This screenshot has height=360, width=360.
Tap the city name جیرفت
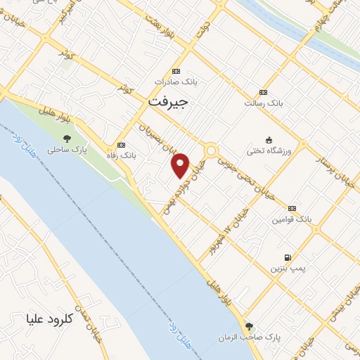pyautogui.click(x=168, y=102)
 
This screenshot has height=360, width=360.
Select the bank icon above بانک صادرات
pyautogui.click(x=176, y=71)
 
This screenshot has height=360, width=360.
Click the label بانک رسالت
pyautogui.click(x=263, y=103)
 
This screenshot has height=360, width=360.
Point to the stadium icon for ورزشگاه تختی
pyautogui.click(x=268, y=140)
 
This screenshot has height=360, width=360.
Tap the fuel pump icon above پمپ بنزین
pyautogui.click(x=287, y=257)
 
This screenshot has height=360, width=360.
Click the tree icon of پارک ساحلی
pyautogui.click(x=67, y=139)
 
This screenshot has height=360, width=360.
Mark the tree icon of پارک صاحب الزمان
pyautogui.click(x=248, y=326)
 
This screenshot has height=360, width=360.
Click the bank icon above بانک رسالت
pyautogui.click(x=263, y=92)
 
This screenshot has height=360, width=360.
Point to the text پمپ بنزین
pyautogui.click(x=286, y=269)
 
